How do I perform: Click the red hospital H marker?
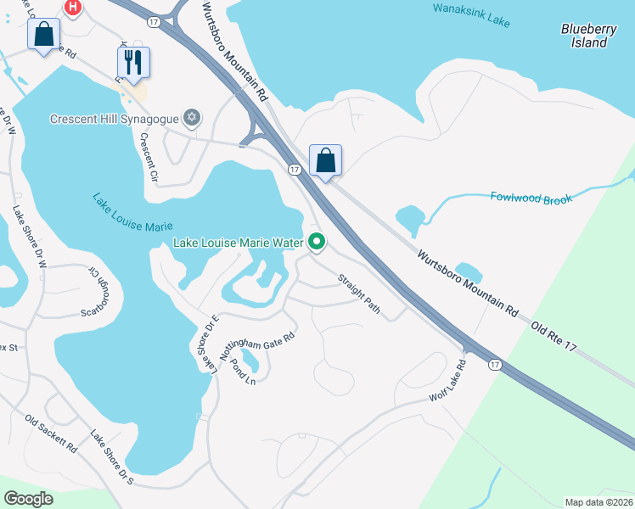click(73, 8)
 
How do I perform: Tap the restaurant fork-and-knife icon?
click(133, 62)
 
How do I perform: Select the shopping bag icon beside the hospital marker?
click(43, 35)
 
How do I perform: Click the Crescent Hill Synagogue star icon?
click(193, 117)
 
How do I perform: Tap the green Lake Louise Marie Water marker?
click(317, 243)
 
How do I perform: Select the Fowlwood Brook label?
click(531, 197)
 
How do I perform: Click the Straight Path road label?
click(359, 292)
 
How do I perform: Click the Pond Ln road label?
click(244, 372)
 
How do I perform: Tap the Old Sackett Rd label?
click(51, 433)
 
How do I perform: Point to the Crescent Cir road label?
click(149, 159)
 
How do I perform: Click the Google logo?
click(28, 499)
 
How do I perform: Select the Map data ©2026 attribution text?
click(598, 502)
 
